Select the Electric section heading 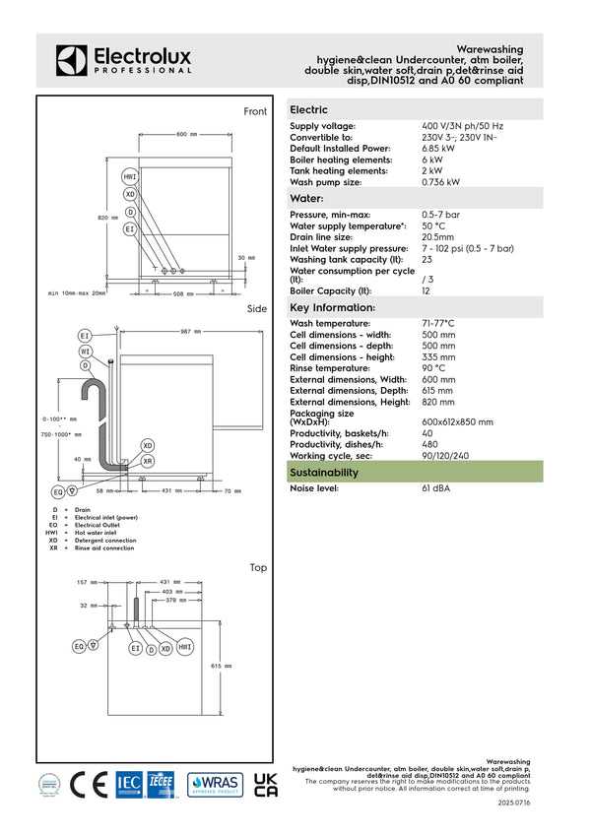click(309, 110)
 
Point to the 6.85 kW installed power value click(438, 148)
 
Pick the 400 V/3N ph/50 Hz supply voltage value click(462, 126)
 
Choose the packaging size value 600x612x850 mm click(458, 421)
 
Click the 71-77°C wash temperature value click(438, 323)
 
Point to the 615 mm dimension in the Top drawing click(222, 667)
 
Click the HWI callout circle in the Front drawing click(130, 176)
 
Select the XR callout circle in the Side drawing click(148, 461)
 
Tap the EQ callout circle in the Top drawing click(79, 646)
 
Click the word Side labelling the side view click(256, 309)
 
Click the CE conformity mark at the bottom click(89, 784)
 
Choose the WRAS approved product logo click(215, 784)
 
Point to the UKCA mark click(266, 783)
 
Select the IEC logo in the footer click(130, 784)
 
